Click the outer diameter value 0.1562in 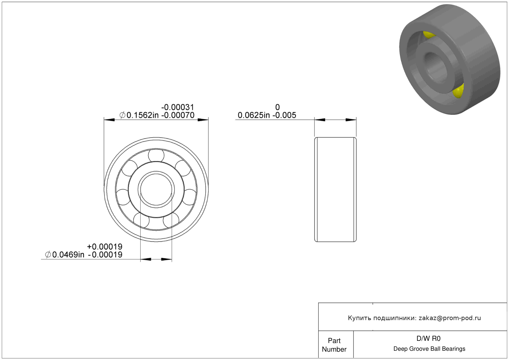pos(142,115)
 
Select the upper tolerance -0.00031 pos(178,107)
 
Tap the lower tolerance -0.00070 pos(178,115)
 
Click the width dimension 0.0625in pos(254,115)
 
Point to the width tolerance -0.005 pos(284,115)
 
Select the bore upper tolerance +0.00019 pos(105,246)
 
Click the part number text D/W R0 pos(428,339)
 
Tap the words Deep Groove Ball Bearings pos(429,349)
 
